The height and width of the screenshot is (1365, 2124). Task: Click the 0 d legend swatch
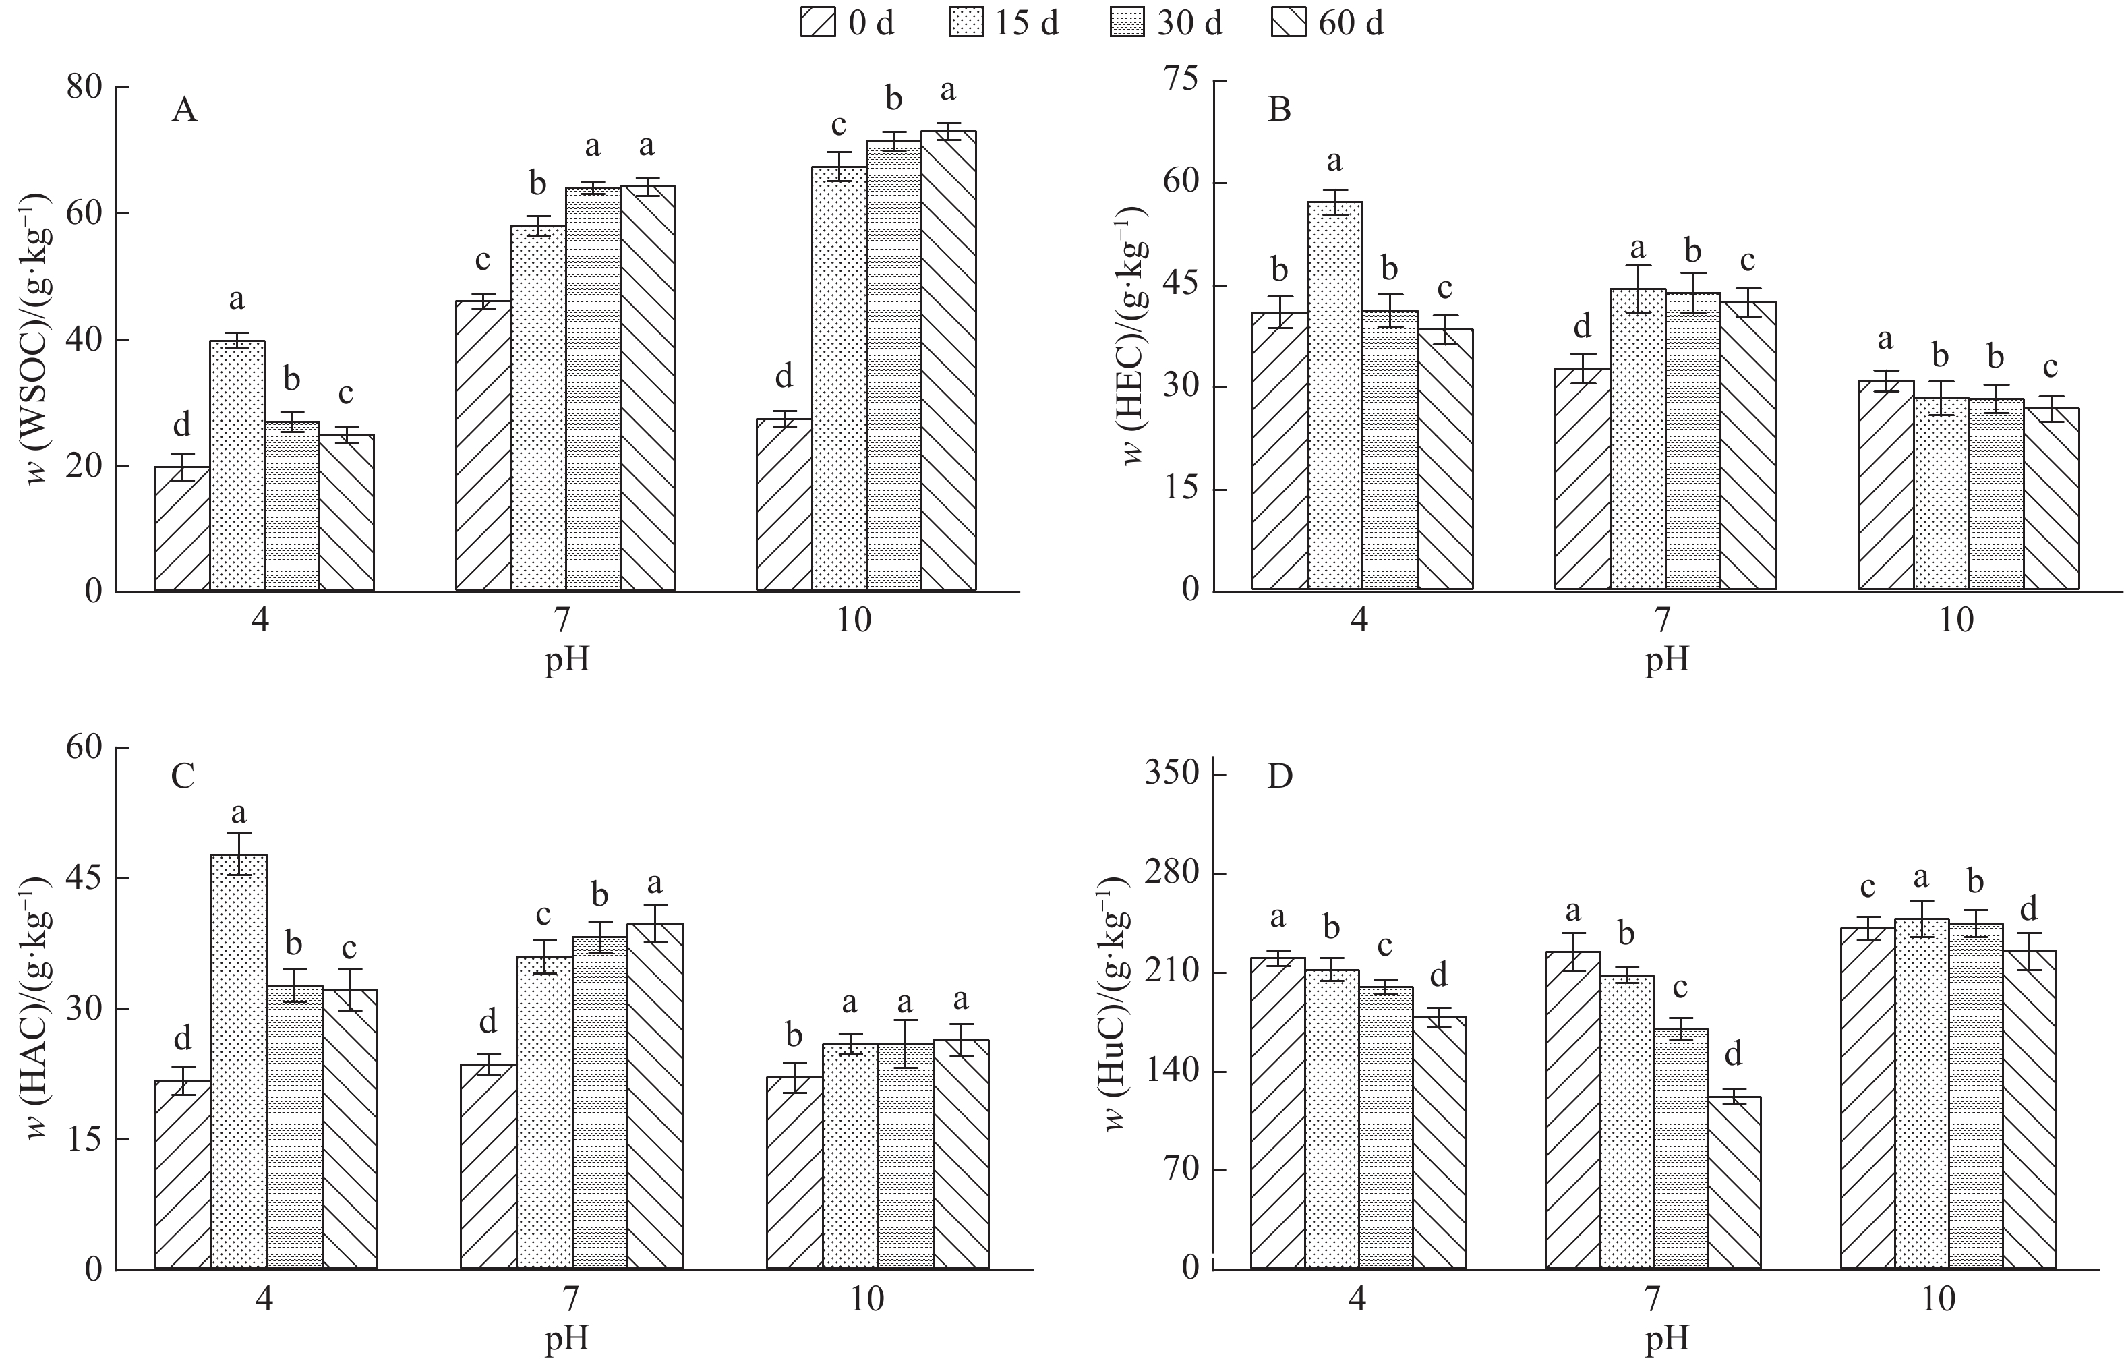(817, 22)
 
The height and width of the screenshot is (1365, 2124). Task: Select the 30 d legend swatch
(1128, 22)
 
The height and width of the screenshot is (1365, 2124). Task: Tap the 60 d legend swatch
(1289, 22)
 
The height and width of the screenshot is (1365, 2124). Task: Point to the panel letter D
(1280, 776)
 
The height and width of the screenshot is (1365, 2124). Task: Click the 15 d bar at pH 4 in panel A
(237, 465)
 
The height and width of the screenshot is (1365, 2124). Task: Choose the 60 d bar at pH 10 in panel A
(948, 361)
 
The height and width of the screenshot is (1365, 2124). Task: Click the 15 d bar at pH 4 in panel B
(1334, 395)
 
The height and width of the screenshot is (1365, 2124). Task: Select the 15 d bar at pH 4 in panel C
(239, 1061)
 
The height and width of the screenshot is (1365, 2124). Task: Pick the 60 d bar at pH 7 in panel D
(1734, 1182)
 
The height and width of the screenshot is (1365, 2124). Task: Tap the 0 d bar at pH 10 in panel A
(784, 504)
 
